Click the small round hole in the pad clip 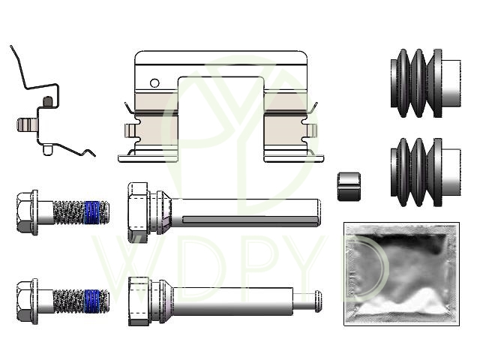[x=154, y=83]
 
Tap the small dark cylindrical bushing [x=349, y=187]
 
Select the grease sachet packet [x=402, y=274]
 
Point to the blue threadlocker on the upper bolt [x=91, y=211]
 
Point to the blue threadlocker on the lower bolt [x=91, y=301]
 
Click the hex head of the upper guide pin [x=138, y=212]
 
